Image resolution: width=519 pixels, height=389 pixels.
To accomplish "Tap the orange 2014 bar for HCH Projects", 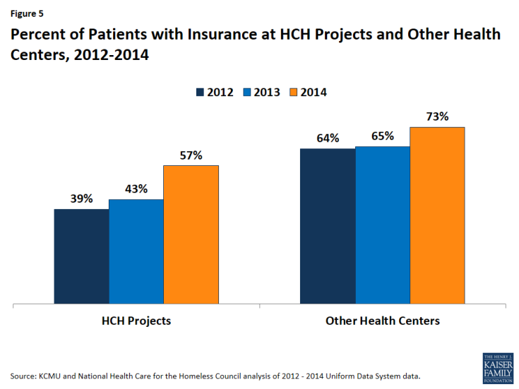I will pos(191,235).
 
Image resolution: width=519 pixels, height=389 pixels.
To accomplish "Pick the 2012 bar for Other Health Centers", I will pos(328,227).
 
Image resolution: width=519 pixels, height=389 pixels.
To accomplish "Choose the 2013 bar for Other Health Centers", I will pos(383,225).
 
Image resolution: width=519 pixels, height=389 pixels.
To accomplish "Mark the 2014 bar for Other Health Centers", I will pos(437,216).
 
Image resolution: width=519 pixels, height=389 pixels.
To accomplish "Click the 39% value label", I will pos(81,199).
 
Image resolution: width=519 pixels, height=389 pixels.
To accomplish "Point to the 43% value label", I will pos(136,189).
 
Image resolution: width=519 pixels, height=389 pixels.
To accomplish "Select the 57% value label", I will pos(191,155).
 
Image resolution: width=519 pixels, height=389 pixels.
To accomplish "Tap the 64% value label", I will pos(328,138).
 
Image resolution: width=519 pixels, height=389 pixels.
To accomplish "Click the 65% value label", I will pos(383,136).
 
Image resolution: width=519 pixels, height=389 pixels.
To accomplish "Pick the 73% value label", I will pos(437,117).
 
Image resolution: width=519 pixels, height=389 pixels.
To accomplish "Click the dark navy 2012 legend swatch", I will pos(201,92).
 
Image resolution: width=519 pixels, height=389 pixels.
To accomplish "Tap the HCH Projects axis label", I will pos(136,321).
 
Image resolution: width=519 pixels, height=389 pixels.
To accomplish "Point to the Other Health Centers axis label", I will pos(382,321).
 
